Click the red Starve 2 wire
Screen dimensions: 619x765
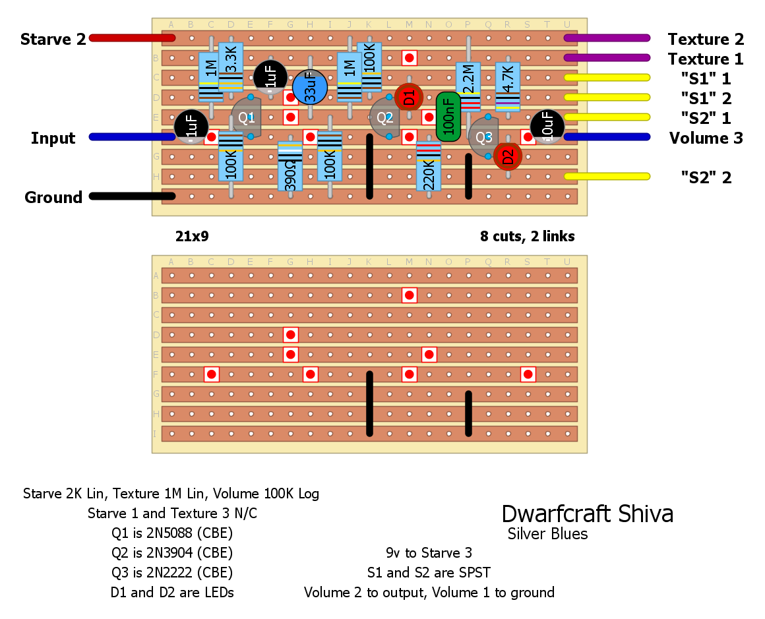point(125,38)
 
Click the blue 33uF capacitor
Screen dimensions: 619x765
point(310,87)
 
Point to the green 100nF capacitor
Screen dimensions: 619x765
point(448,117)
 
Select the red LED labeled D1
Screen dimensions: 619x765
point(409,98)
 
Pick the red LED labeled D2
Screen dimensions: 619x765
point(508,156)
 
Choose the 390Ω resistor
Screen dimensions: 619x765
point(290,166)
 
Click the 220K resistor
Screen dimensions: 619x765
point(429,166)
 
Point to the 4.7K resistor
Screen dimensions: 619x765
point(508,86)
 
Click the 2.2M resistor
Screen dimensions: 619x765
point(468,86)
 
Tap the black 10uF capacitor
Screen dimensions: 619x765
point(547,126)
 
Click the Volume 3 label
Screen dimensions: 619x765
point(706,138)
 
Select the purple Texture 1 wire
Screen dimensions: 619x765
point(607,58)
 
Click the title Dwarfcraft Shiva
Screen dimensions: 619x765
point(587,514)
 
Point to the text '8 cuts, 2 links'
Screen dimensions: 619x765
point(527,236)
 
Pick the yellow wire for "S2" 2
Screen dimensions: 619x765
point(607,176)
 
